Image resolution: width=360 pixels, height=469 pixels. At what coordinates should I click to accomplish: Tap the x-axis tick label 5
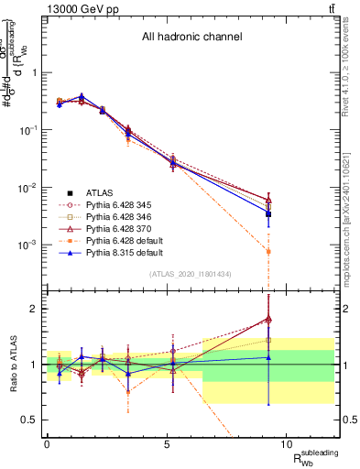point(167,444)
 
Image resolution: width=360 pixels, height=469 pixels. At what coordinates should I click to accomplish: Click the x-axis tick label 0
point(47,444)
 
